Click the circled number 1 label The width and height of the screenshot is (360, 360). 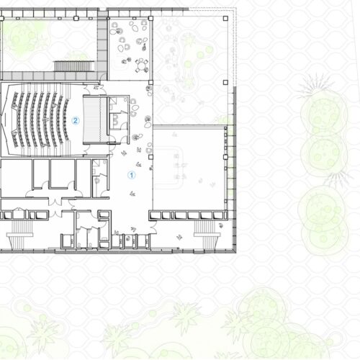tap(131, 175)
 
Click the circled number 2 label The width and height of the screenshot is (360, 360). tap(76, 120)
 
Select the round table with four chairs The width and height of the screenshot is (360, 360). tap(142, 65)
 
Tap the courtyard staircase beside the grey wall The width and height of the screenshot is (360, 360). tap(74, 66)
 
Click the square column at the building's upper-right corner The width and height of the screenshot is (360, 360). tap(225, 18)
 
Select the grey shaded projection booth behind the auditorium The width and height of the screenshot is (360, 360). tap(95, 120)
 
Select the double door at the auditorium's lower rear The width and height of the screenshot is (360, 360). tap(86, 150)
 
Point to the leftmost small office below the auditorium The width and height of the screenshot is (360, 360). tap(17, 178)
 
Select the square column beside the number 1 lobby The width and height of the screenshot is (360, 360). tap(150, 157)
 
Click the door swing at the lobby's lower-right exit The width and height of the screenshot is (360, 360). tap(153, 228)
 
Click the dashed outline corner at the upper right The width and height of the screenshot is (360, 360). tap(236, 8)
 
